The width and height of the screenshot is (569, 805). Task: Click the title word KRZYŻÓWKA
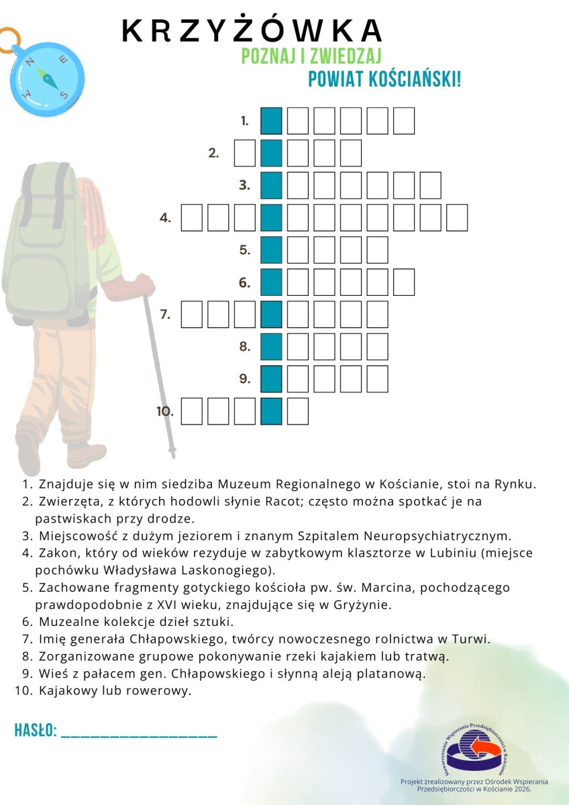tap(252, 31)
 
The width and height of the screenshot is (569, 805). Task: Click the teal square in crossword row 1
tap(270, 121)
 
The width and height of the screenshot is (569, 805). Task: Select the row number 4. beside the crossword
tap(166, 217)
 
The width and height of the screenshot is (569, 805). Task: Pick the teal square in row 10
tap(270, 411)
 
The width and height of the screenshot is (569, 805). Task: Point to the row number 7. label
tap(166, 314)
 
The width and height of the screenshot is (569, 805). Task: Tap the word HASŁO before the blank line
tap(35, 731)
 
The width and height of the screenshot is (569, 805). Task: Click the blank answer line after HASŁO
tap(139, 736)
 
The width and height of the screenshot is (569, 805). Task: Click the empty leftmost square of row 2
tap(244, 153)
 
